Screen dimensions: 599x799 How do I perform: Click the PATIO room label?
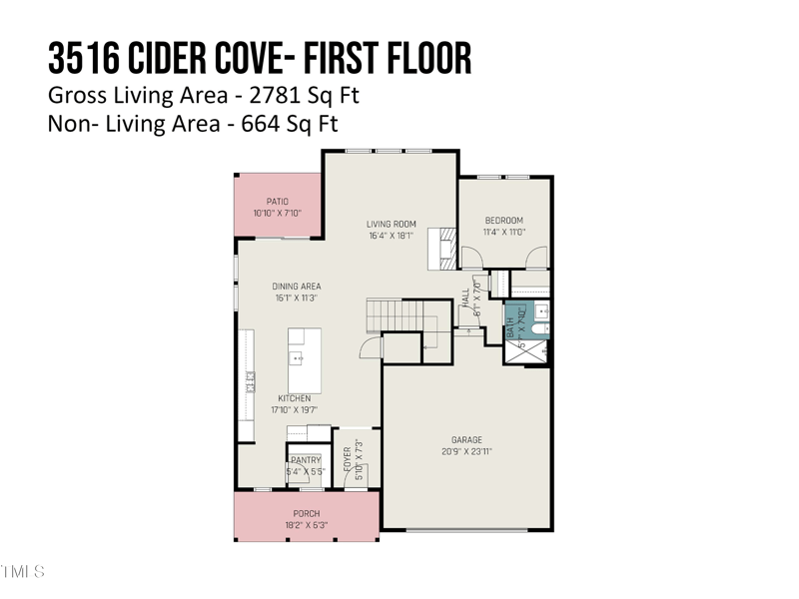[277, 202]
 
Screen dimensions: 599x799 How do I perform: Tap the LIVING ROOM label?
[391, 225]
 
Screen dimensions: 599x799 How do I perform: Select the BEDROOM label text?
[503, 221]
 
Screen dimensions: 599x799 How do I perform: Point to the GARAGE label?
[466, 440]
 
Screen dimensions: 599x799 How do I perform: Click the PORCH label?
[307, 514]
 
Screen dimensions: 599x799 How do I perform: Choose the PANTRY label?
[306, 460]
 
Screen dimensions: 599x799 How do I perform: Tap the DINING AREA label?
[296, 287]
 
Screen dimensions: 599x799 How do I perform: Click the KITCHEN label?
[294, 398]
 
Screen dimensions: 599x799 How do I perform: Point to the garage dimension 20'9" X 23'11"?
[466, 452]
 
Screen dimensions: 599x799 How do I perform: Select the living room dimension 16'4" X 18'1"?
[391, 237]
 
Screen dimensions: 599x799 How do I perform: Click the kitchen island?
[304, 360]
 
